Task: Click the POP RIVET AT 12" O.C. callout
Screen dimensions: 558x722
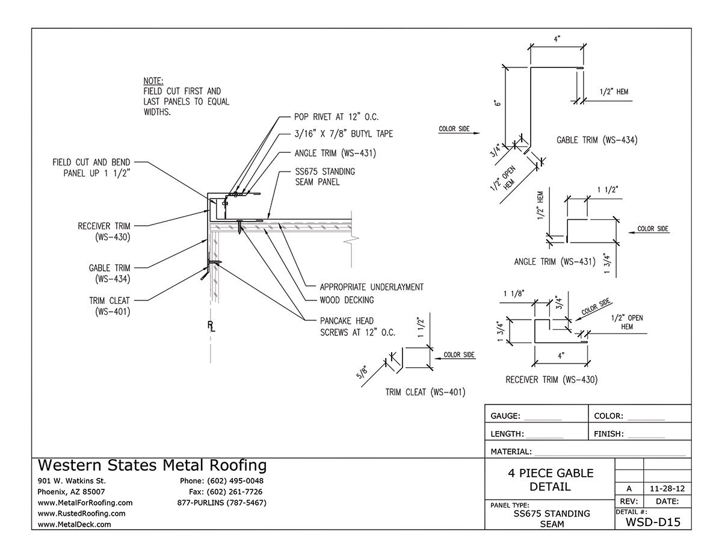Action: [336, 116]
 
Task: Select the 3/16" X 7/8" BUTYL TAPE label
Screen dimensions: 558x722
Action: [344, 134]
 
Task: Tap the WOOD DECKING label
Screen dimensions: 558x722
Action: [347, 300]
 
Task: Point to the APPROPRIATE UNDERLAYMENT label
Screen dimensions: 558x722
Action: [371, 287]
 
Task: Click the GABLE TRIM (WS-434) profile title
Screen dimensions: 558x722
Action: [597, 140]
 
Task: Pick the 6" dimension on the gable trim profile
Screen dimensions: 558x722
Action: [498, 103]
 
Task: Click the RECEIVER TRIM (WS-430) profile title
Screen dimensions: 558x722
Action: [551, 380]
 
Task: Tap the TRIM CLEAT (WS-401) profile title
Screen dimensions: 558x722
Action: [426, 392]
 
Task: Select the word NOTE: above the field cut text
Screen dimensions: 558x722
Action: [154, 81]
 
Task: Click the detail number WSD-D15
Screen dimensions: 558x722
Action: [653, 522]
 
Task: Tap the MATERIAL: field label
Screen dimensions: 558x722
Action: [511, 451]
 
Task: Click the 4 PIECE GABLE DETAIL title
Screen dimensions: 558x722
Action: [550, 479]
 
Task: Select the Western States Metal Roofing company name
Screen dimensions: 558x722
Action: [152, 465]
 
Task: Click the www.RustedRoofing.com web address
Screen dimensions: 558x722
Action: [81, 513]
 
